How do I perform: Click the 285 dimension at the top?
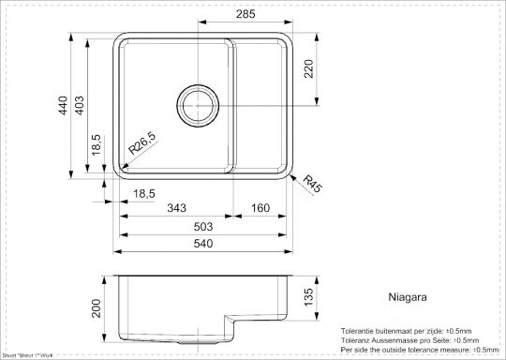[x=245, y=15]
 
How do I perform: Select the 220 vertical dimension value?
[x=308, y=67]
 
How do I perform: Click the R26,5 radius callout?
[x=141, y=144]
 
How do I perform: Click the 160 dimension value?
[x=260, y=207]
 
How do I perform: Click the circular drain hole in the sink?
[x=196, y=100]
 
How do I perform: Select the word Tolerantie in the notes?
[x=362, y=331]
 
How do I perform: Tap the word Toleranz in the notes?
[x=360, y=339]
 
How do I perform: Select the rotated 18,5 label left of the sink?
[x=97, y=146]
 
